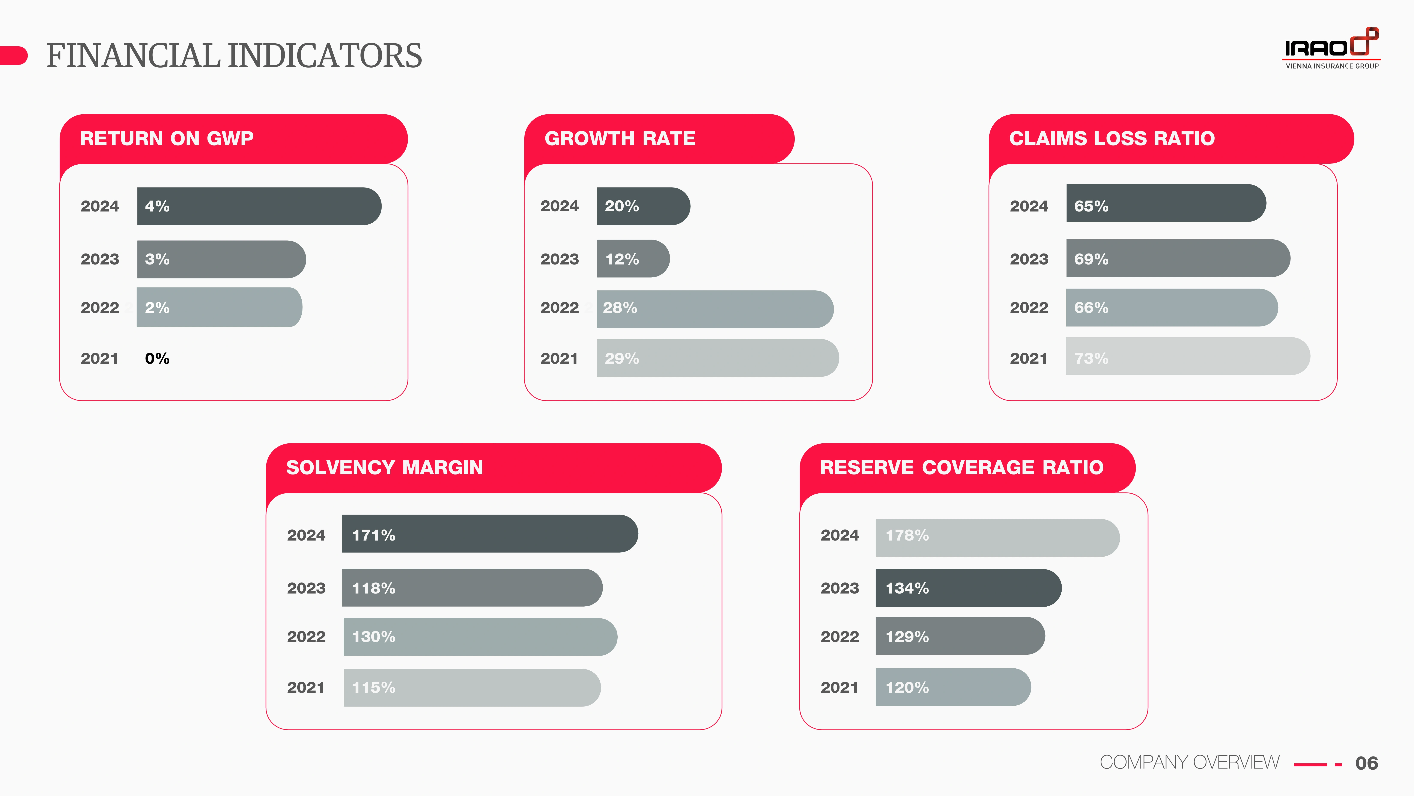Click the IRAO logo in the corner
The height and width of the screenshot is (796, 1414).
pyautogui.click(x=1331, y=48)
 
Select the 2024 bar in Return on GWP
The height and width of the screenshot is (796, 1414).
pyautogui.click(x=259, y=206)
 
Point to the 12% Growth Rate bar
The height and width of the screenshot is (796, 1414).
pyautogui.click(x=633, y=259)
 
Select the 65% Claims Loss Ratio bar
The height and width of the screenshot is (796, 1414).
pyautogui.click(x=1166, y=203)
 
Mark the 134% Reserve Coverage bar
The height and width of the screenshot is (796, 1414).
pyautogui.click(x=968, y=588)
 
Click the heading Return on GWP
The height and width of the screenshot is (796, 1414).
pyautogui.click(x=167, y=138)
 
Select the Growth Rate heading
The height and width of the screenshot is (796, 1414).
pyautogui.click(x=620, y=138)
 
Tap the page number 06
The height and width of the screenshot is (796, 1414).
pyautogui.click(x=1366, y=763)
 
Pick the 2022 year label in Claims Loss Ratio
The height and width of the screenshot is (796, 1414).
pyautogui.click(x=1029, y=308)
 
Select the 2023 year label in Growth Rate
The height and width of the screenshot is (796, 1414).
pyautogui.click(x=559, y=259)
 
